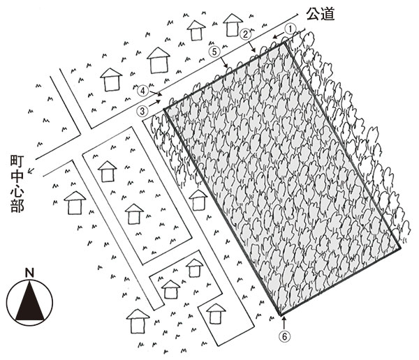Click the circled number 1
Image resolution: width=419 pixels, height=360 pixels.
pos(292,25)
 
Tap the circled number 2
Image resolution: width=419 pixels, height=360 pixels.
pos(245,33)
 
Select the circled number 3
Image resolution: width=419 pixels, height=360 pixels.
pos(142,110)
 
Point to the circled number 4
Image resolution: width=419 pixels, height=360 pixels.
pos(142,90)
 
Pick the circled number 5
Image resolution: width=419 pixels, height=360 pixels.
pos(215,51)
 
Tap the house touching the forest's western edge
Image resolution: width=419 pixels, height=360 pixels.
pos(199,199)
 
